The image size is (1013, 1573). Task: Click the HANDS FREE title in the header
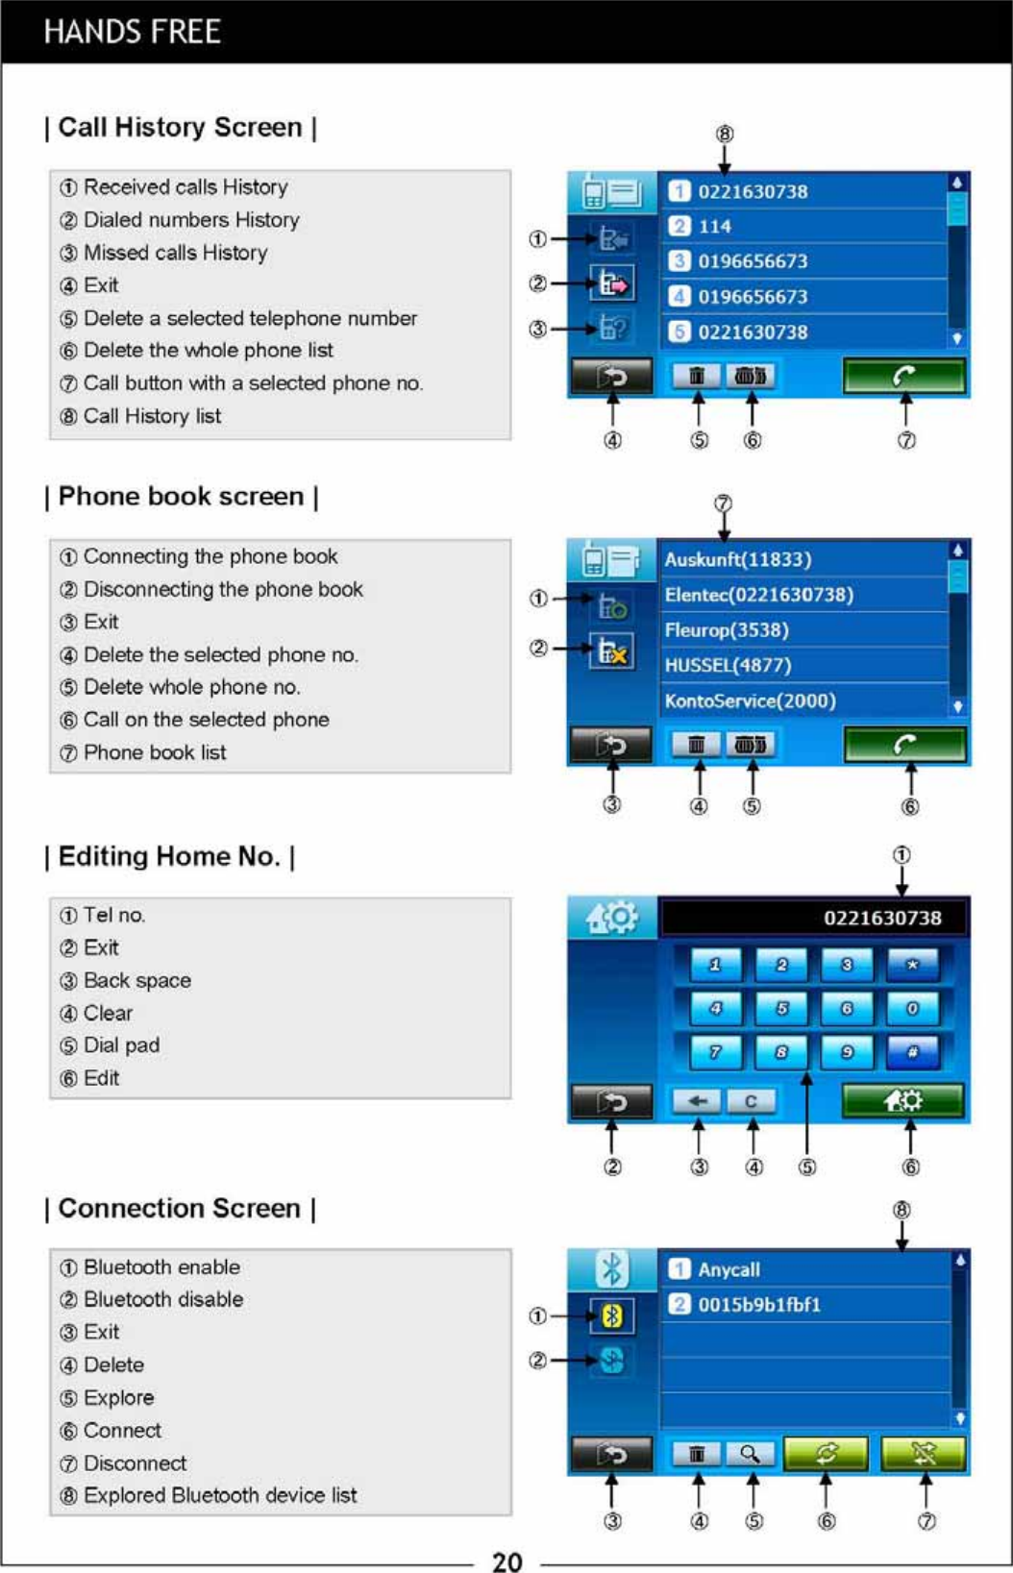coord(132,32)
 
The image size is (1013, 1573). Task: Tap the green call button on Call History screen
coord(903,376)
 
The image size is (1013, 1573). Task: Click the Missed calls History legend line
coord(174,253)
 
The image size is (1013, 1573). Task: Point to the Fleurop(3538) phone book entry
coord(727,630)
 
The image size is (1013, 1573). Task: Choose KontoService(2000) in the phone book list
coord(750,700)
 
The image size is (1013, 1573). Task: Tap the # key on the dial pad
coord(912,1052)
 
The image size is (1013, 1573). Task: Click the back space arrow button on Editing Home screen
coord(697,1101)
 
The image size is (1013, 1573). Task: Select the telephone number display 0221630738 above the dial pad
coord(881,918)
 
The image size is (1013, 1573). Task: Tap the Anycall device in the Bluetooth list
coord(729,1269)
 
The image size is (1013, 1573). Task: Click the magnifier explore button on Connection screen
coord(751,1454)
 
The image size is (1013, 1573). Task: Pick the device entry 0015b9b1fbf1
coord(759,1305)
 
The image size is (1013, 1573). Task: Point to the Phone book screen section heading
coord(182,497)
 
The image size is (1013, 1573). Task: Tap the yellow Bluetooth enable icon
coord(612,1315)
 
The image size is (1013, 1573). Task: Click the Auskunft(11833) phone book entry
coord(738,559)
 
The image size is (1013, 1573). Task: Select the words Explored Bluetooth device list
coord(220,1495)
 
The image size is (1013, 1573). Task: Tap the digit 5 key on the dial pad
coord(781,1009)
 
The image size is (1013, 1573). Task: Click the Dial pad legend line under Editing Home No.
coord(121,1045)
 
